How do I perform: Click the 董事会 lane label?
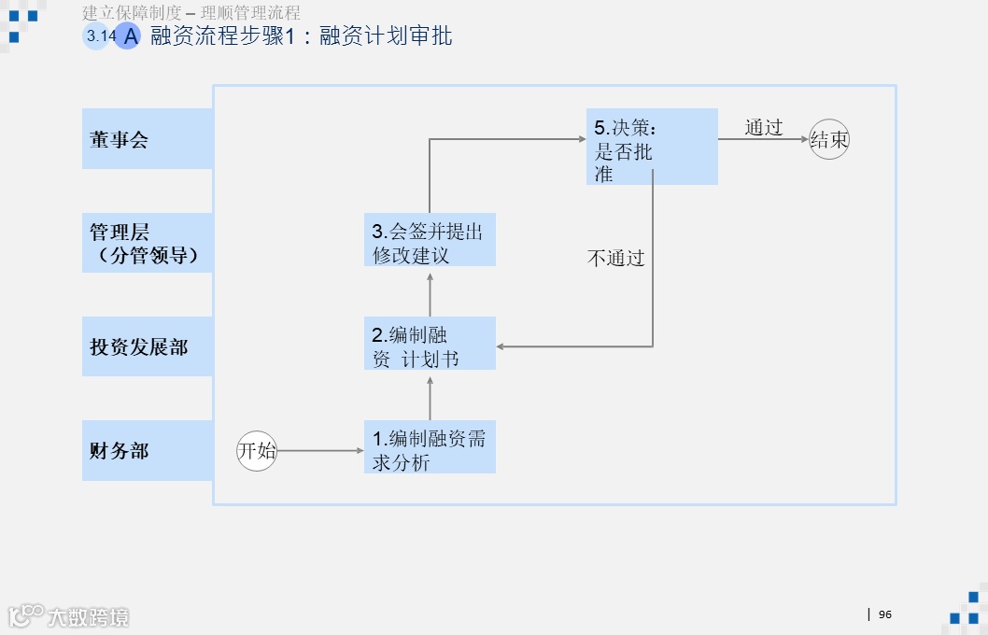[148, 139]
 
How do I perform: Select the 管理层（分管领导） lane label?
[148, 243]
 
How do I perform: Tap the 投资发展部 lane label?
[148, 346]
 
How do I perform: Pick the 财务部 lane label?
[148, 450]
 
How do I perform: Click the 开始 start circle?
[257, 451]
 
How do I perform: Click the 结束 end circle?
[829, 140]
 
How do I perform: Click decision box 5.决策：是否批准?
[652, 147]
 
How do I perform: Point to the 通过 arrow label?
[763, 128]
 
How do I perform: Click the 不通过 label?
[615, 259]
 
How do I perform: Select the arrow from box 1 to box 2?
[430, 395]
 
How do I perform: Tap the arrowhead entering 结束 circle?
[804, 140]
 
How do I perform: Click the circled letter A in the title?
[129, 36]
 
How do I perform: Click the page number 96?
[885, 614]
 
